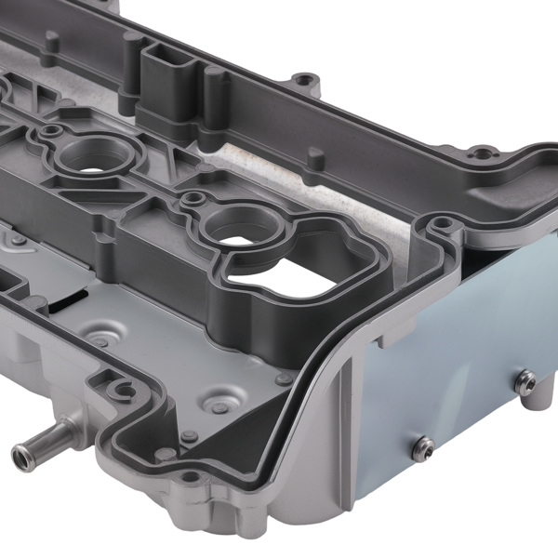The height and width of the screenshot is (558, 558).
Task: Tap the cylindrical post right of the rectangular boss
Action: (215, 88)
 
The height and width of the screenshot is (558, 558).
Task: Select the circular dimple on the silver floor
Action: (220, 405)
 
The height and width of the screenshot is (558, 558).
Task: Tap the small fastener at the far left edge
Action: (19, 239)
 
